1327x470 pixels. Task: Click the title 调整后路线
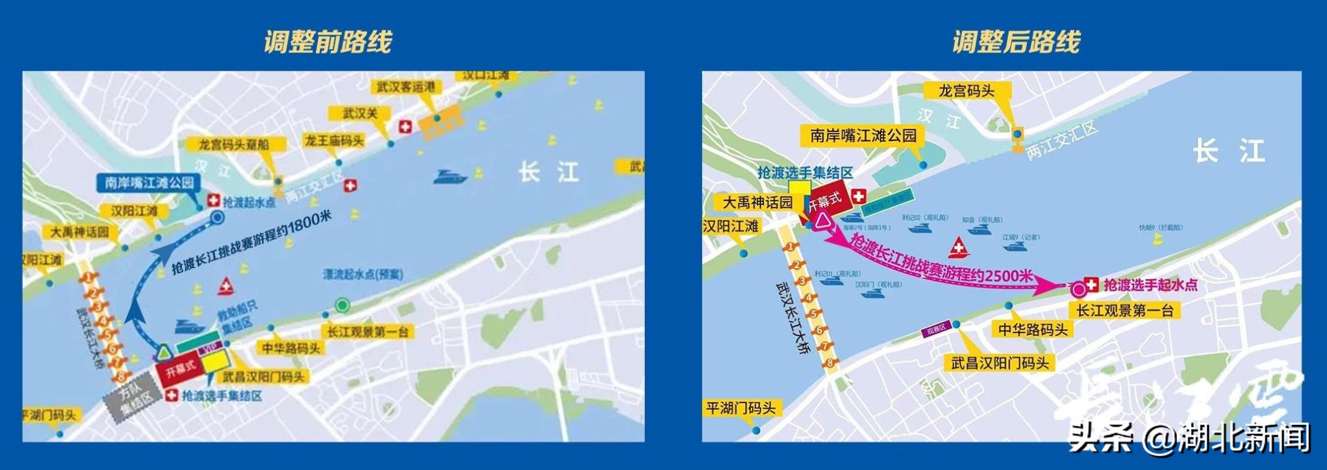[x=1015, y=41]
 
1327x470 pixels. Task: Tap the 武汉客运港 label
[x=406, y=87]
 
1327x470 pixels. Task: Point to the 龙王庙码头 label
[x=335, y=140]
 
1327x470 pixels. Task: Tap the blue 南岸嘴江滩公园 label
[x=149, y=182]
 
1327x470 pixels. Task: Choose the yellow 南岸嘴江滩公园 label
[x=863, y=135]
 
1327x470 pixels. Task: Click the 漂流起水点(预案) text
[x=362, y=274]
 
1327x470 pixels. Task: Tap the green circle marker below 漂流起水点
[x=341, y=305]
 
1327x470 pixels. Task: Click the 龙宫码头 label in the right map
[x=966, y=91]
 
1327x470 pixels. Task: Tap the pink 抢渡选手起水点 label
[x=1150, y=284]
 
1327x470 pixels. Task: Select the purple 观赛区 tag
[x=936, y=330]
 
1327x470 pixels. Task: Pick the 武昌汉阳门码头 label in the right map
[x=999, y=362]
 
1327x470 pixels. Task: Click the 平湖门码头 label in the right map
[x=740, y=408]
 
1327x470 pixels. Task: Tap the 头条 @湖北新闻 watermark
[x=1189, y=437]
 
